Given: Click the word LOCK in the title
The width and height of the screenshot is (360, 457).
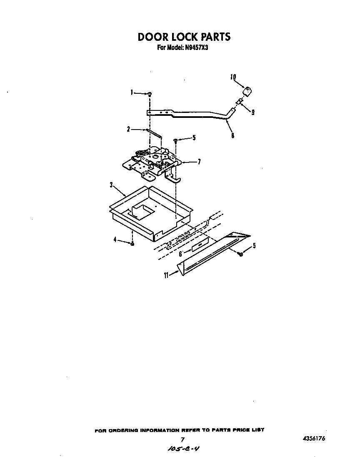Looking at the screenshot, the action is click(x=184, y=37).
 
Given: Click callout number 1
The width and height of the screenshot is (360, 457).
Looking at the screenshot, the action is click(x=132, y=92).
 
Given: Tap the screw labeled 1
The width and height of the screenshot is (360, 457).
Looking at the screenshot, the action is click(x=150, y=94).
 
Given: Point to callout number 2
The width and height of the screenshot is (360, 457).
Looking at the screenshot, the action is click(x=128, y=130).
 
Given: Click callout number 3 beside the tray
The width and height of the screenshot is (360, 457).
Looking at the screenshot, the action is click(x=111, y=184).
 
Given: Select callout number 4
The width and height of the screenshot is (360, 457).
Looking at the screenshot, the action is click(x=115, y=240).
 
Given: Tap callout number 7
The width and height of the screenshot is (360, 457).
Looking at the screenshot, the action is click(x=199, y=162).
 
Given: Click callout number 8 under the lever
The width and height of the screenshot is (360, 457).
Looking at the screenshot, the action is click(x=232, y=135).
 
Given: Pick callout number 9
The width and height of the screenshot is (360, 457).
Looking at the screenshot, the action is click(x=252, y=112).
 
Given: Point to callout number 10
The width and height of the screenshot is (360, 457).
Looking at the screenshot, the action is click(x=233, y=77).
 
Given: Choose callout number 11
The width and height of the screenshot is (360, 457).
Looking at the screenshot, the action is click(x=166, y=275).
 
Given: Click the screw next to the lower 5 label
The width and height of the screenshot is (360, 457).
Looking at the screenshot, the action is click(x=241, y=253).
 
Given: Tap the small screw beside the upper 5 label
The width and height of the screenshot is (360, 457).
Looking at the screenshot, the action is click(x=176, y=140).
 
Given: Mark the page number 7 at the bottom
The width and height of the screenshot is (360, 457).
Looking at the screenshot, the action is click(x=182, y=440).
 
